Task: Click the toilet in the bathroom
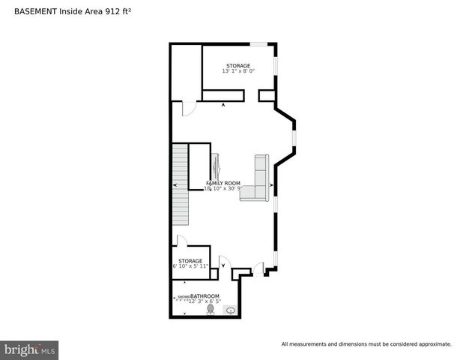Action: [x=211, y=309]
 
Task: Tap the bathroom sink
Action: [x=231, y=310]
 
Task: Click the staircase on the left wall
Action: [x=180, y=184]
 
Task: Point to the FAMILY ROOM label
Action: [x=223, y=183]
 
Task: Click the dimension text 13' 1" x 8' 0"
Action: [x=238, y=71]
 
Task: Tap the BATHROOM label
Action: [x=205, y=296]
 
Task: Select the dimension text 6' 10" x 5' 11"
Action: [x=190, y=267]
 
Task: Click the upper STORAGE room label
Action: [x=238, y=65]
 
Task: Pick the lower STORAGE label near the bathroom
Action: [x=190, y=261]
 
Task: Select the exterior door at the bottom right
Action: [x=258, y=268]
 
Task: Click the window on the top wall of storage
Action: [x=258, y=43]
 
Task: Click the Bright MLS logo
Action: [x=29, y=349]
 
